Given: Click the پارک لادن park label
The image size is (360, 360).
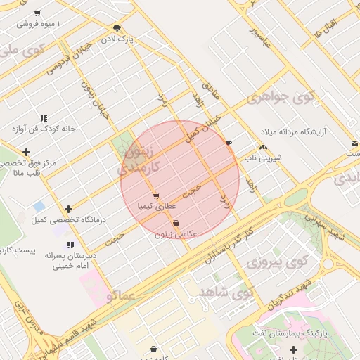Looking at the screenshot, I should [x=117, y=38].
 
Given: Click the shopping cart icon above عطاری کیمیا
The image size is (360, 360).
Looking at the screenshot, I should [x=155, y=196].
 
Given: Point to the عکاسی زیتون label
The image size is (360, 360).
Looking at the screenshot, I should [x=176, y=233].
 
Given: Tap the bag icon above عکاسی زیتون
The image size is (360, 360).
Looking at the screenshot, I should [x=176, y=224].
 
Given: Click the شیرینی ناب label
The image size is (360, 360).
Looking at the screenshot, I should [x=263, y=157].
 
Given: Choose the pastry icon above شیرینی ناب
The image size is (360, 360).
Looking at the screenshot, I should [x=263, y=148].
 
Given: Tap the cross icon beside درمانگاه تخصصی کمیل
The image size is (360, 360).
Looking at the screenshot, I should [x=68, y=209].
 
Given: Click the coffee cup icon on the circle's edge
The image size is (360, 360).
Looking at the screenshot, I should [x=229, y=143].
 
